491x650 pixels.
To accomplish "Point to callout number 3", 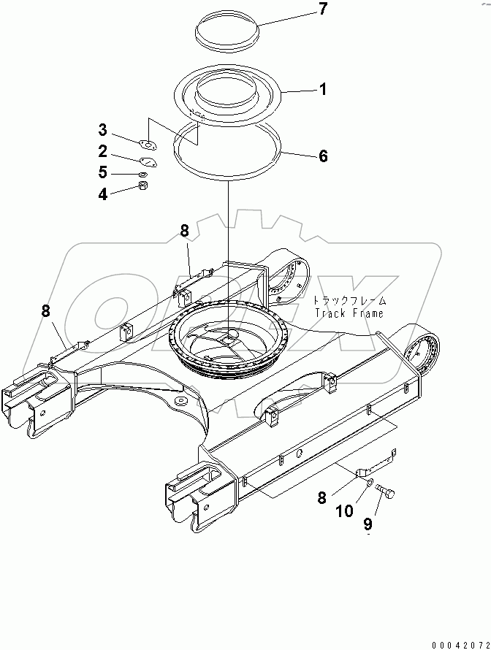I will click(x=103, y=131).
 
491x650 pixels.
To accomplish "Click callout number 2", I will click(x=103, y=151).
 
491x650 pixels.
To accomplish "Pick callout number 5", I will click(x=103, y=172).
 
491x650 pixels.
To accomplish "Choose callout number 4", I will click(x=103, y=194).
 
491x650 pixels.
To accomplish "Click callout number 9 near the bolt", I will click(x=368, y=524).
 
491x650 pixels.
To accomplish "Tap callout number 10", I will click(x=344, y=511).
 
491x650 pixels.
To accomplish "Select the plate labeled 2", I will click(x=148, y=162).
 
